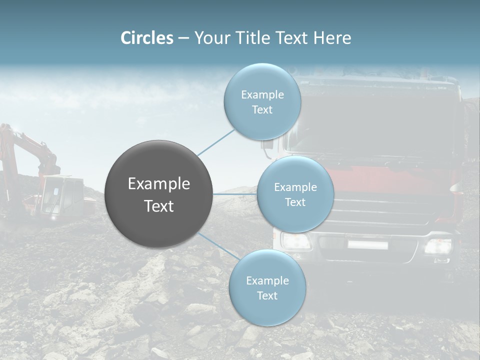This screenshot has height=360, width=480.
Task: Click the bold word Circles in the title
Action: coord(146,38)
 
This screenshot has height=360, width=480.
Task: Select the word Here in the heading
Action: coord(332,38)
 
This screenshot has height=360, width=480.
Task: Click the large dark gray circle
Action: coord(159,194)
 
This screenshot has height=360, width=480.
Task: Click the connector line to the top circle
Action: coord(216,142)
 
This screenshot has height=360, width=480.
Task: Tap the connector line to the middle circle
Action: coord(235,194)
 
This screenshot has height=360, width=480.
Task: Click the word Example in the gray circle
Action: coord(159,184)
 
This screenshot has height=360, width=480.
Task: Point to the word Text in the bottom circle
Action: coord(267,296)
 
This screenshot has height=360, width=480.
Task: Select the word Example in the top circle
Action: coord(262,95)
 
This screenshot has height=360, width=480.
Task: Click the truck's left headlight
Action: coord(295,241)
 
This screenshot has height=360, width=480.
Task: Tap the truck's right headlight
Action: coord(437,246)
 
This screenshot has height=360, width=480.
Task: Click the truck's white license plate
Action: coord(368,244)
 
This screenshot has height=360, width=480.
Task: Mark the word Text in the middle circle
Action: coord(295,202)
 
